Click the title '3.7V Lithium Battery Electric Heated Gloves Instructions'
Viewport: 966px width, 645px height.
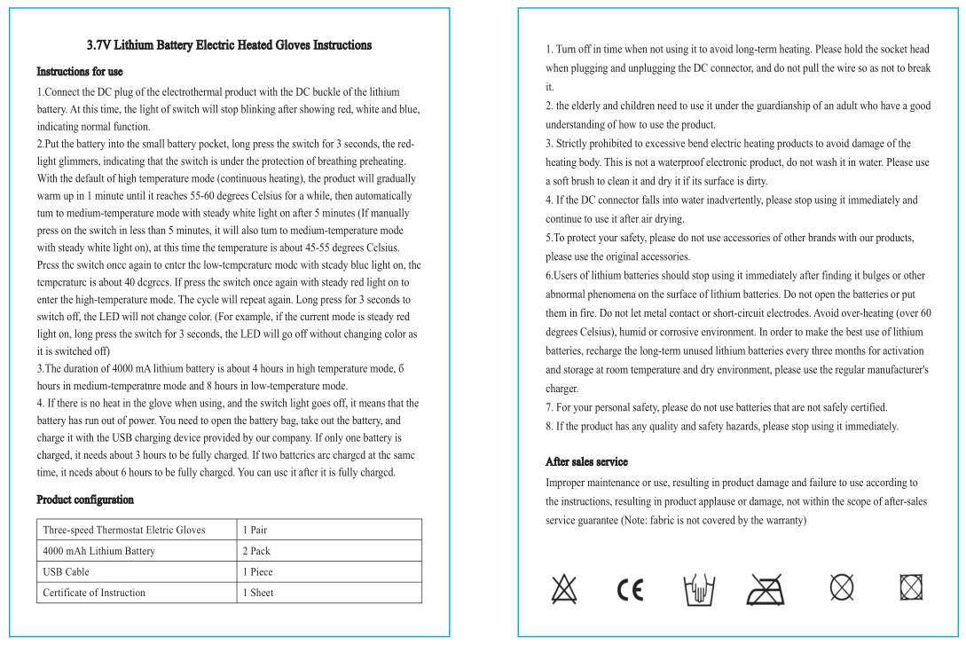229,45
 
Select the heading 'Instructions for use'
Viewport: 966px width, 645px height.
80,72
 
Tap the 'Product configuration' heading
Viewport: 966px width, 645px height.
85,500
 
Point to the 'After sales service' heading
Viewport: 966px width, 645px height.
586,462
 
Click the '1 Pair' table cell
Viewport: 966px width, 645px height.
255,531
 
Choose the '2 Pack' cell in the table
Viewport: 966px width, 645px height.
256,552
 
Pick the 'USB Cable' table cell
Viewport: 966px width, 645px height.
67,572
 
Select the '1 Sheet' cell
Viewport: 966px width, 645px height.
258,594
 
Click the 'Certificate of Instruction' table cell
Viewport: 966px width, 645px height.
94,594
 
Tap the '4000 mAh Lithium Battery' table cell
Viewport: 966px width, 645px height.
98,552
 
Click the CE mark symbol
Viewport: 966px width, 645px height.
631,589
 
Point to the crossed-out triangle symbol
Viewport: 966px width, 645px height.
563,588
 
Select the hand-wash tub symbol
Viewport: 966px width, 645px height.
699,588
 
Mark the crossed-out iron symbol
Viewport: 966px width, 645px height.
766,588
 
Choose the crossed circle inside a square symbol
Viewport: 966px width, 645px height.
911,586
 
